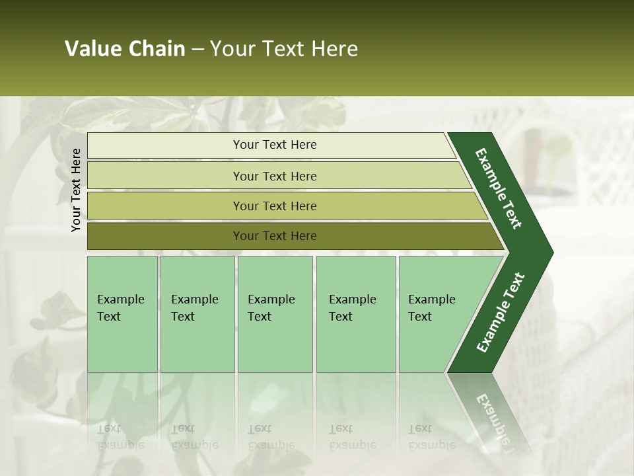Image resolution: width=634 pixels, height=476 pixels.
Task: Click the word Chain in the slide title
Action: [157, 49]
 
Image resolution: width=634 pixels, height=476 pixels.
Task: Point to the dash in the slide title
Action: [197, 50]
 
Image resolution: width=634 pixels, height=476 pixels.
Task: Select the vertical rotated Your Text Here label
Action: [76, 190]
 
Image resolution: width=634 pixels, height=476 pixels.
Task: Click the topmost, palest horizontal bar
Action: [274, 145]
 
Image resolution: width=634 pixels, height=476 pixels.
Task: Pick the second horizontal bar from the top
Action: [274, 176]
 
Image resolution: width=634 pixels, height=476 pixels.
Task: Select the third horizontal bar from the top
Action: [274, 206]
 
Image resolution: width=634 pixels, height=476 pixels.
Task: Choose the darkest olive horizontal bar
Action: [274, 236]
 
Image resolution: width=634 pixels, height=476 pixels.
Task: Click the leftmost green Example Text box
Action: [122, 314]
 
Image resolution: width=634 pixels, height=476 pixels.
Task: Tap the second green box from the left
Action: [197, 314]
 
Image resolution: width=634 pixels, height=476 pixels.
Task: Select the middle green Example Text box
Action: [275, 314]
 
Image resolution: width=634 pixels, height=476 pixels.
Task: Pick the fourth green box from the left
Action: [355, 314]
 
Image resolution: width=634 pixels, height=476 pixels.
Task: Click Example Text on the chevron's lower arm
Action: [500, 313]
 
